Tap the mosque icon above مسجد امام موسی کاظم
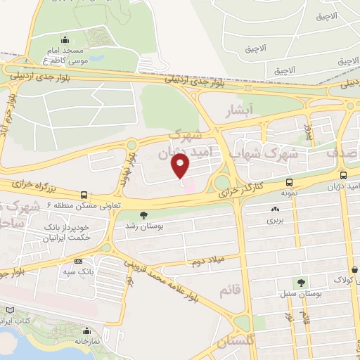pos(65,39)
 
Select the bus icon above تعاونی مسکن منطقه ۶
pos(84,194)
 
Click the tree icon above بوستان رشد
pos(144,215)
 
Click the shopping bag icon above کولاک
pos(354,269)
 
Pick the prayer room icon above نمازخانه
pos(86,330)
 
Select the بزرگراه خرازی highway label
pos(33,186)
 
